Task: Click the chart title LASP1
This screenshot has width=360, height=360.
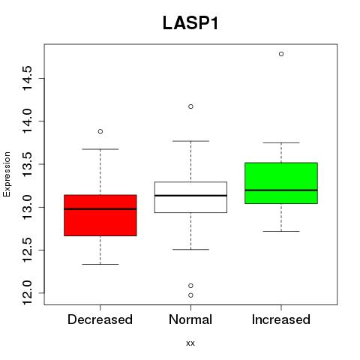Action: [190, 23]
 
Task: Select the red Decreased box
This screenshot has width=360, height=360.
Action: [100, 215]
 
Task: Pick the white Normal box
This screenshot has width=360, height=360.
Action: [190, 197]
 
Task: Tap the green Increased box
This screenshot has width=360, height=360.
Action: [281, 183]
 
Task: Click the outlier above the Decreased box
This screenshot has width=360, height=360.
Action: [100, 131]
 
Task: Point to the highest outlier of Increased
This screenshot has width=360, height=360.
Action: [281, 54]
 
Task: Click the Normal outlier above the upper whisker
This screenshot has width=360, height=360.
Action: [190, 106]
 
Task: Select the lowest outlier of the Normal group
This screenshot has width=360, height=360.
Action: [190, 295]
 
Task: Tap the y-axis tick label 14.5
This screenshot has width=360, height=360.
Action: [27, 78]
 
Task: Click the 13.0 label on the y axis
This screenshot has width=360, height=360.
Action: [27, 207]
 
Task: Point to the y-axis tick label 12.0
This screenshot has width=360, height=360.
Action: [27, 292]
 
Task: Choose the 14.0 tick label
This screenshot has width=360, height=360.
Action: [27, 121]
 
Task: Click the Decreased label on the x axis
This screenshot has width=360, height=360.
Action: [100, 319]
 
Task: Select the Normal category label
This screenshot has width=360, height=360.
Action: [190, 319]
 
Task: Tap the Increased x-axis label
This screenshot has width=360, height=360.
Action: [281, 319]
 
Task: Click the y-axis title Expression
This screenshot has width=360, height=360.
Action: [7, 174]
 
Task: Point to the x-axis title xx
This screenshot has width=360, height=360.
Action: [190, 343]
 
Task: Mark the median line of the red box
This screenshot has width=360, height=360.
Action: [100, 208]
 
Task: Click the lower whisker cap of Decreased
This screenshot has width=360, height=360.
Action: [100, 264]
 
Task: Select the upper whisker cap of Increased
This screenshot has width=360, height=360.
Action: [281, 142]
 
